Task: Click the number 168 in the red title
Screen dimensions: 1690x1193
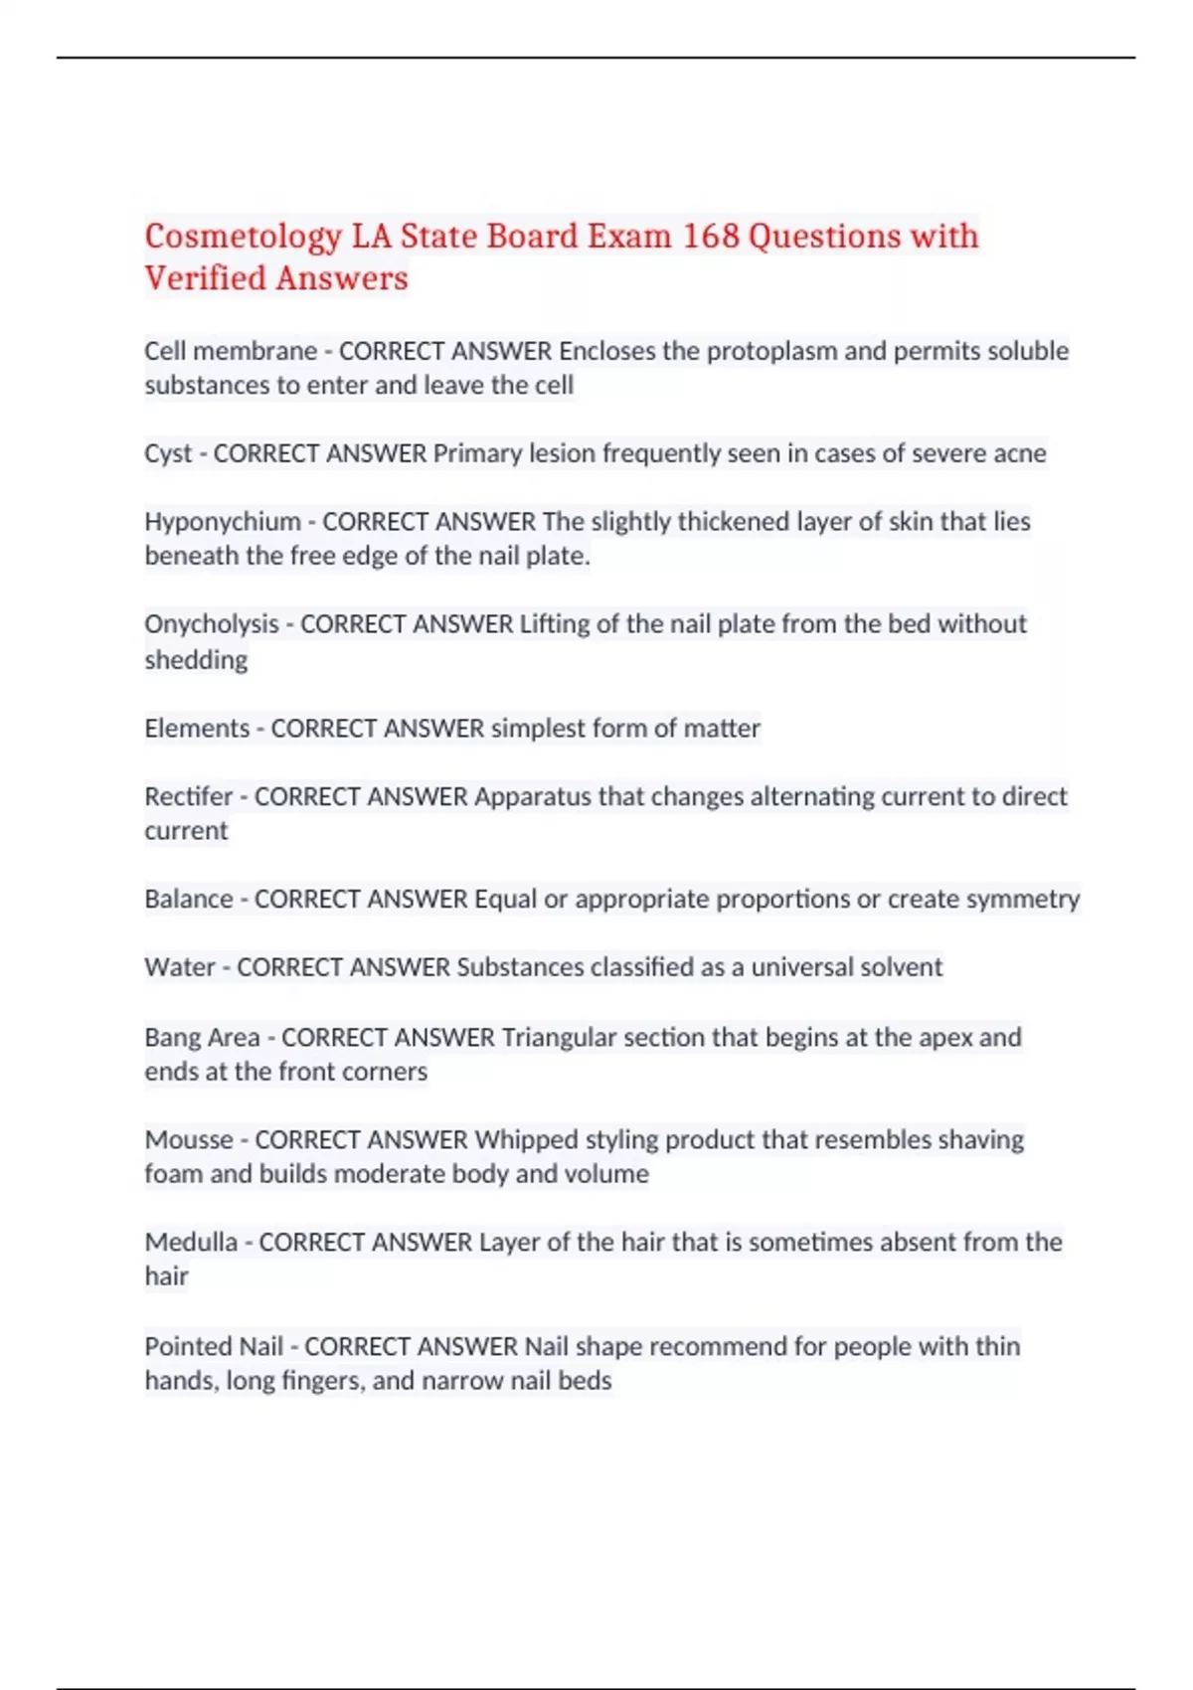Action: tap(711, 237)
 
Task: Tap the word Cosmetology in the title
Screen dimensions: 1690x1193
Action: tap(243, 237)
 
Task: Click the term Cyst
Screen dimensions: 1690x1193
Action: tap(167, 453)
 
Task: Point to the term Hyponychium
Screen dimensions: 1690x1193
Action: tap(223, 522)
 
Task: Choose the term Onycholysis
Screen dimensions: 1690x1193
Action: tap(212, 624)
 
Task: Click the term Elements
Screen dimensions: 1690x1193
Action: tap(197, 729)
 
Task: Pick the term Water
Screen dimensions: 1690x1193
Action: tap(179, 967)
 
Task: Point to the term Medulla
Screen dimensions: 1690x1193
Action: tap(191, 1242)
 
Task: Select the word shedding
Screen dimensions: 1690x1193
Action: tap(196, 660)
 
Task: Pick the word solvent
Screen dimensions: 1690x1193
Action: tap(900, 967)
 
